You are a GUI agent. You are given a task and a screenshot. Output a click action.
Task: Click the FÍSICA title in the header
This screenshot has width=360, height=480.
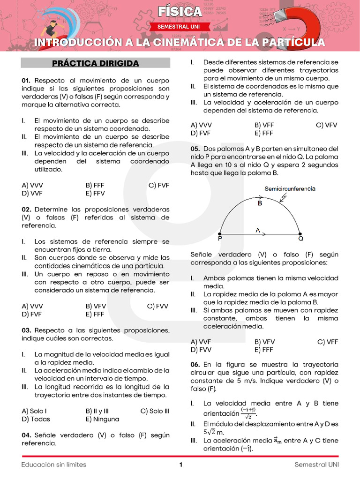tap(180, 12)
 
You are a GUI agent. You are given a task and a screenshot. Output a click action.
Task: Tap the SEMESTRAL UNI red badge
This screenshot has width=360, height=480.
tap(180, 27)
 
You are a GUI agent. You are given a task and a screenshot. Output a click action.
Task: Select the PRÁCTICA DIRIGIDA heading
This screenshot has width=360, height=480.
tap(95, 63)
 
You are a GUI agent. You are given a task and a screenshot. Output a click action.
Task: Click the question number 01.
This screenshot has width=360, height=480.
tap(26, 81)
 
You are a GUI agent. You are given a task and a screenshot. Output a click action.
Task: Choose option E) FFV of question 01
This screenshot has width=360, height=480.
tap(95, 193)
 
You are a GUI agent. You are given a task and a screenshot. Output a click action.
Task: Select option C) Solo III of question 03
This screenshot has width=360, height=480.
tap(155, 411)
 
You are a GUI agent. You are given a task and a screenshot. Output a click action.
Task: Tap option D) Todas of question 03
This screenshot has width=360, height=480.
tap(36, 419)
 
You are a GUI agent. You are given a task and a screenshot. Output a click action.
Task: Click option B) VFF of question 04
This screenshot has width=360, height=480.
tap(264, 125)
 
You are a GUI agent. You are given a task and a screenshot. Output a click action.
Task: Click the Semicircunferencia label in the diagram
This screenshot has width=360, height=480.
tap(290, 188)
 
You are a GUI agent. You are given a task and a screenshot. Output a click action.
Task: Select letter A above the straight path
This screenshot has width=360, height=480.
tap(257, 230)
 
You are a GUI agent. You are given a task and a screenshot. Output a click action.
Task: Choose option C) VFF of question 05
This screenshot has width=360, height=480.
tap(327, 342)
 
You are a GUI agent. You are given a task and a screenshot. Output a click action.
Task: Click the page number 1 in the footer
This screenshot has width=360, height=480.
tap(180, 465)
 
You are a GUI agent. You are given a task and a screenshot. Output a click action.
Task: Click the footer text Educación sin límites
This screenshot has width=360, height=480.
tap(53, 465)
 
